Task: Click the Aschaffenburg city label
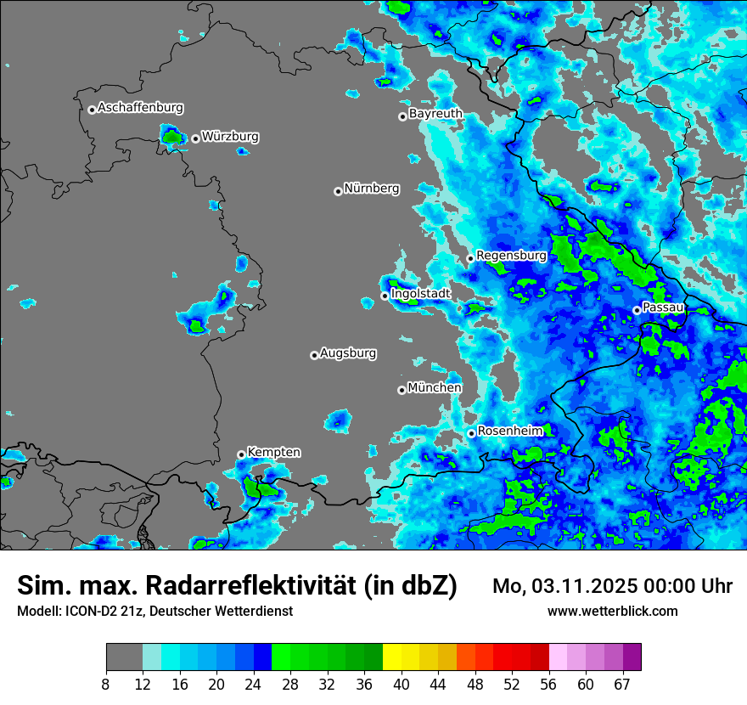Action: (140, 108)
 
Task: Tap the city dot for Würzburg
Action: (195, 138)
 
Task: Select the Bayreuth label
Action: (435, 113)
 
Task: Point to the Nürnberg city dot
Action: (338, 191)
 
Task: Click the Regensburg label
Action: (511, 255)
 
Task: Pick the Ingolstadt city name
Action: (420, 293)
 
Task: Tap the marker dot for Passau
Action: (637, 310)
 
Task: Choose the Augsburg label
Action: (348, 352)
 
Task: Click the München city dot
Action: (402, 390)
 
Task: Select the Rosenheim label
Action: (510, 431)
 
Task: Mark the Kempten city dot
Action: (241, 454)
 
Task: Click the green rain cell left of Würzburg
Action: (172, 135)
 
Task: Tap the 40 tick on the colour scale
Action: (402, 684)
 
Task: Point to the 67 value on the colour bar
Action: (622, 684)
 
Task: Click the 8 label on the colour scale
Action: (106, 684)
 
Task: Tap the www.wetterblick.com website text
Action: (612, 611)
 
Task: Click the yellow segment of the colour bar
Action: (391, 657)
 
